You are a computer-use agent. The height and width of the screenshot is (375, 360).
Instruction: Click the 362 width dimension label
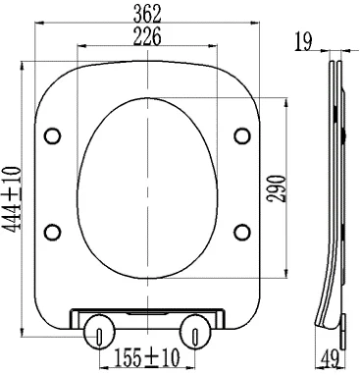147,13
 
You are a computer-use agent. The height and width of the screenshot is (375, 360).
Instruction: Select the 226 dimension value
147,36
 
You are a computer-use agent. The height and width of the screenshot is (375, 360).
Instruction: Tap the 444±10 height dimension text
12,199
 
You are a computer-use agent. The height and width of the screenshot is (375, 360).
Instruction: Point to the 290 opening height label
277,188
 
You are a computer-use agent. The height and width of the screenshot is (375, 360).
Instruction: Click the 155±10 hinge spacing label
147,357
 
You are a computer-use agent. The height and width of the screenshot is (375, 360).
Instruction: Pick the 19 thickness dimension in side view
303,41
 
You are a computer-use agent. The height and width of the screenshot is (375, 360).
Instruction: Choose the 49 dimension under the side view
330,359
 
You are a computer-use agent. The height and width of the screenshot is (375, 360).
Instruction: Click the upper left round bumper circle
52,135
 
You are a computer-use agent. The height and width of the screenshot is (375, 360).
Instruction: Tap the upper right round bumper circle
242,135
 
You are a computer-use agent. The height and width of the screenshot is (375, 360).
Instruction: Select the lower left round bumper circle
52,232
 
